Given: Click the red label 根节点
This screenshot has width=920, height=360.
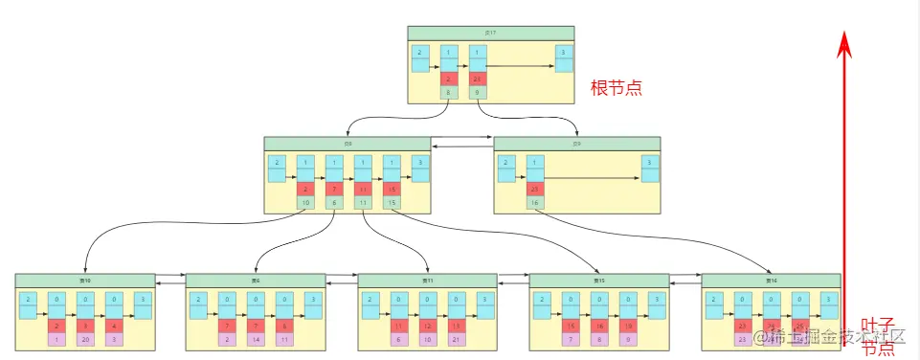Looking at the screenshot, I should [615, 86].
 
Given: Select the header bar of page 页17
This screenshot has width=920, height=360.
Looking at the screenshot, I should [490, 33].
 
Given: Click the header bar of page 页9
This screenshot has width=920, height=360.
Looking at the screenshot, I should [576, 144].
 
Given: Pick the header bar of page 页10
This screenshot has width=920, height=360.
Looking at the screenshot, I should [85, 281].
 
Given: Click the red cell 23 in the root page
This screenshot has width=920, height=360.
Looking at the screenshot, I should [478, 79].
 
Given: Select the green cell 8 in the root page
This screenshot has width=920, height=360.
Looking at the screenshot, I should [448, 93].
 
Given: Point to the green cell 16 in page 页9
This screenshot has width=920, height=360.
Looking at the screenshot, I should [534, 203].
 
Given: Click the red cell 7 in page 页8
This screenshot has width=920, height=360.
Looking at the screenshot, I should [334, 190].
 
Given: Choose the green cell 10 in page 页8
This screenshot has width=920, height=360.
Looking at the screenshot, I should [305, 203].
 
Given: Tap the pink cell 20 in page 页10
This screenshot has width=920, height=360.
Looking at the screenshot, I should [85, 340].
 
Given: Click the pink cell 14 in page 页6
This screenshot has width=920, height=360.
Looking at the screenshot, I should [256, 340].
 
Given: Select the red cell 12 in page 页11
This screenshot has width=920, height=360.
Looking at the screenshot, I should [428, 326].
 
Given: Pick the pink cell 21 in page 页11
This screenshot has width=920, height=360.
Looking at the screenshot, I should [457, 340].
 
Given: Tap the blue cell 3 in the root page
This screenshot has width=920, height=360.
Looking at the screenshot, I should [563, 52].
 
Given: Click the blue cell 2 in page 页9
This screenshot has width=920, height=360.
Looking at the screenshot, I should [505, 163].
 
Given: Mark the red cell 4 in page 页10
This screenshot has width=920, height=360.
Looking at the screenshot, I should [114, 326].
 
